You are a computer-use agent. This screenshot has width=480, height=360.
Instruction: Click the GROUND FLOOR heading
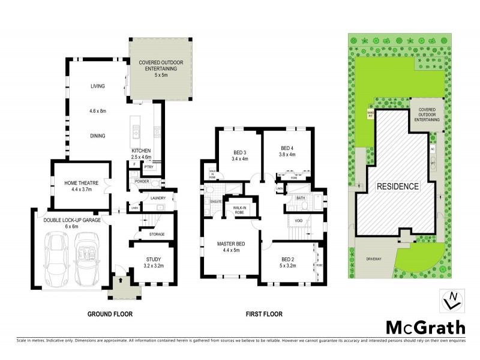pyautogui.click(x=110, y=314)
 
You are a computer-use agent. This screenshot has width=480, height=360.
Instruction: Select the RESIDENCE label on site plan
pyautogui.click(x=397, y=186)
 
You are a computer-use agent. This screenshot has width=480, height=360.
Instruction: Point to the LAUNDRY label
pyautogui.click(x=158, y=198)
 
